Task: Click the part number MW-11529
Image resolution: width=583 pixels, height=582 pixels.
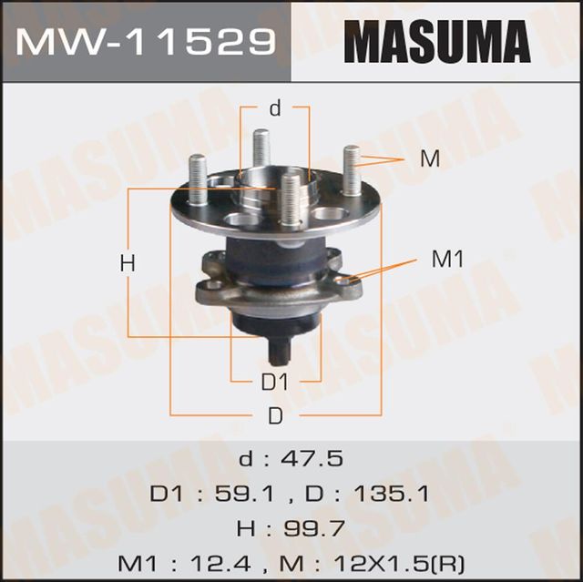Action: pyautogui.click(x=146, y=42)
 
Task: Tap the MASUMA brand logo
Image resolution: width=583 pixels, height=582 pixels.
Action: pyautogui.click(x=436, y=42)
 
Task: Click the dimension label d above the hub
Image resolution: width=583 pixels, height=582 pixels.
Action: pyautogui.click(x=275, y=109)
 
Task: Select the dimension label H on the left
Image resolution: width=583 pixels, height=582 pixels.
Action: pyautogui.click(x=128, y=264)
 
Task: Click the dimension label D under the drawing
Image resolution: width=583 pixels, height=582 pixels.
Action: pyautogui.click(x=275, y=416)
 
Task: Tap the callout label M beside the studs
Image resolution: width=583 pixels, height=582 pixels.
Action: pyautogui.click(x=430, y=158)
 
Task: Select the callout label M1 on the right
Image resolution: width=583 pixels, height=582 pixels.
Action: pyautogui.click(x=447, y=260)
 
